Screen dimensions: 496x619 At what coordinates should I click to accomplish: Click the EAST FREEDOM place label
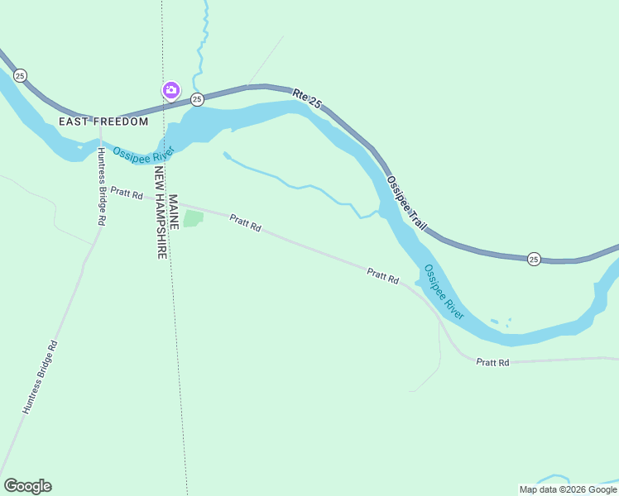pyautogui.click(x=103, y=122)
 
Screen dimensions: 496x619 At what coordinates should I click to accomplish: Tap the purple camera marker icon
pyautogui.click(x=171, y=90)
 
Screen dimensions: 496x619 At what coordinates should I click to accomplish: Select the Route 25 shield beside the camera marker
pyautogui.click(x=197, y=99)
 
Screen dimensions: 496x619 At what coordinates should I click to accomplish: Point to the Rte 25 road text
pyautogui.click(x=307, y=98)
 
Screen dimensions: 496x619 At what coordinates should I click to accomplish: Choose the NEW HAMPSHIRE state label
pyautogui.click(x=161, y=213)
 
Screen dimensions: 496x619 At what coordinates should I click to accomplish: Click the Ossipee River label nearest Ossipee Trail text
pyautogui.click(x=444, y=292)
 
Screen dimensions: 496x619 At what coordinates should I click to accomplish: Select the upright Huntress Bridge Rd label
pyautogui.click(x=100, y=187)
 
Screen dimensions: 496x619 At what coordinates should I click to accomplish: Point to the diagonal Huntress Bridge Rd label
pyautogui.click(x=41, y=376)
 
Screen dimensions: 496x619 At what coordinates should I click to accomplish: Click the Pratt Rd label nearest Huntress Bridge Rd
pyautogui.click(x=127, y=193)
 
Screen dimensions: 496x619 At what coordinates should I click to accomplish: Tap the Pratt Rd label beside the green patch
pyautogui.click(x=245, y=222)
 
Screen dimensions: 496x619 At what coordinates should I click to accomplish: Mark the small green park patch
pyautogui.click(x=193, y=219)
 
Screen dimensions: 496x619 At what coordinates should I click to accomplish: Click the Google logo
pyautogui.click(x=27, y=486)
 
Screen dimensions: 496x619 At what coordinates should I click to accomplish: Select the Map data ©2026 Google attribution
pyautogui.click(x=568, y=489)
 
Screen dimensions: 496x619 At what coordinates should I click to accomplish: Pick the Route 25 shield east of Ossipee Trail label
pyautogui.click(x=535, y=259)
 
